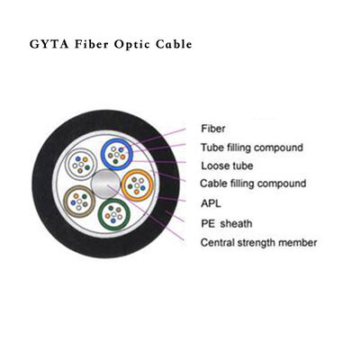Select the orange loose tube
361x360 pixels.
coord(139,185)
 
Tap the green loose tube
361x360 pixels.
coord(114,214)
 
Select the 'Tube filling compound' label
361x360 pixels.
coord(250,148)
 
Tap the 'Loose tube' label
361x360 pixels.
coord(227,166)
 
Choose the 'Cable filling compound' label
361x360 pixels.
coord(252,184)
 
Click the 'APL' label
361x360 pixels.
coord(212,203)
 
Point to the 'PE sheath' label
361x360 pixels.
coord(226,222)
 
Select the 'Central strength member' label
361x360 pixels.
coord(257,242)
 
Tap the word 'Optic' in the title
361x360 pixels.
coord(137,43)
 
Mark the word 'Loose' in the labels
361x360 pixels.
coord(214,166)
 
